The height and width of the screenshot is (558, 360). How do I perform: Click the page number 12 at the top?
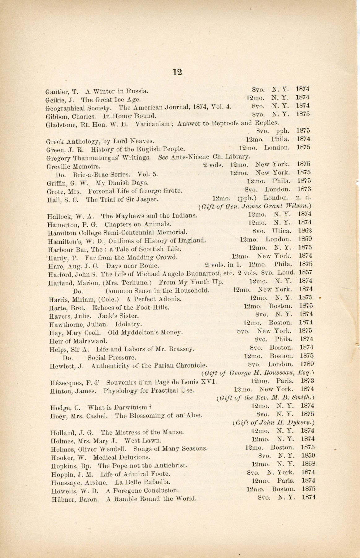(177, 72)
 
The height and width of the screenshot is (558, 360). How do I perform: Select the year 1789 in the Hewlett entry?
(307, 364)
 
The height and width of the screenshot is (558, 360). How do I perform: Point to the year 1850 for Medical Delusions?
(308, 456)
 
